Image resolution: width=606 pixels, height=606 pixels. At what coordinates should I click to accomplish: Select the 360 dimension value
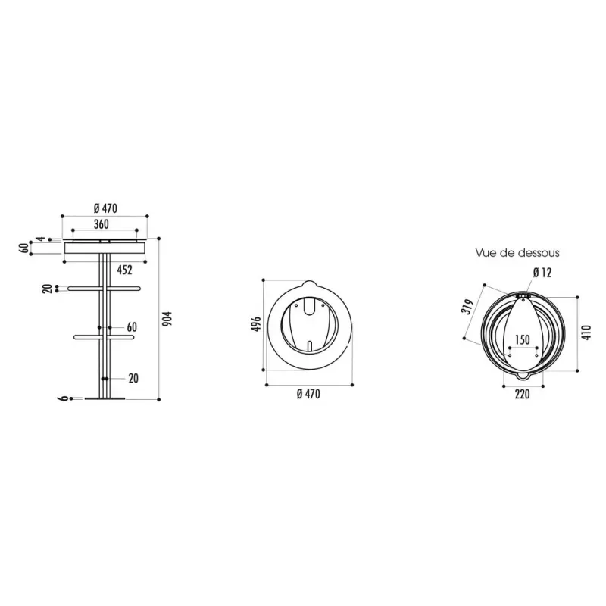point(102,224)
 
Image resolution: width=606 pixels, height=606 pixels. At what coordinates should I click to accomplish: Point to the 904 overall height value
point(169,319)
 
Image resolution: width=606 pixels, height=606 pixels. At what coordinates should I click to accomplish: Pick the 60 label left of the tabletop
point(23,247)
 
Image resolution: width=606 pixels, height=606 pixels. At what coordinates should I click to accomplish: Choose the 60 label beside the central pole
point(131,326)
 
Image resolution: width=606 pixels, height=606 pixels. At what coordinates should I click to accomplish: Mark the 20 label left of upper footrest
point(47,289)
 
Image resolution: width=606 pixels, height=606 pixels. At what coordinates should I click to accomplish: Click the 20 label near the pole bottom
point(133,378)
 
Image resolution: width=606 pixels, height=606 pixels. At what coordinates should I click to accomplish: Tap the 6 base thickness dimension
point(64,398)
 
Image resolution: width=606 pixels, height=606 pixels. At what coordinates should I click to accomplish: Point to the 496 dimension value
point(255,324)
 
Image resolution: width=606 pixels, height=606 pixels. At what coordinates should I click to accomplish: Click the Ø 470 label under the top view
point(308,394)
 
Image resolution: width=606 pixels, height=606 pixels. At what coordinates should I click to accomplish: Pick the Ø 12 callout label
point(542,272)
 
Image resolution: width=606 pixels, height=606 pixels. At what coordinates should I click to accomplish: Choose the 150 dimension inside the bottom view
point(522,339)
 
